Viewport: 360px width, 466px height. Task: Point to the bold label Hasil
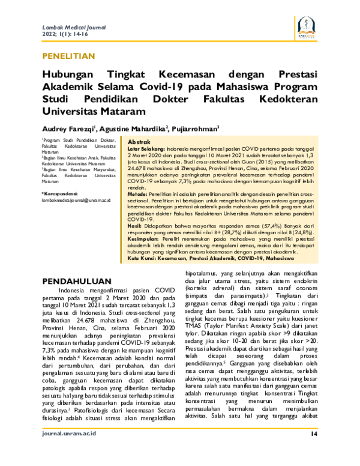[119, 225]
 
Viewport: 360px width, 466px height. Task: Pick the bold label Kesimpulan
[129, 239]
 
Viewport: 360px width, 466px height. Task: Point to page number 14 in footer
[314, 451]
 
